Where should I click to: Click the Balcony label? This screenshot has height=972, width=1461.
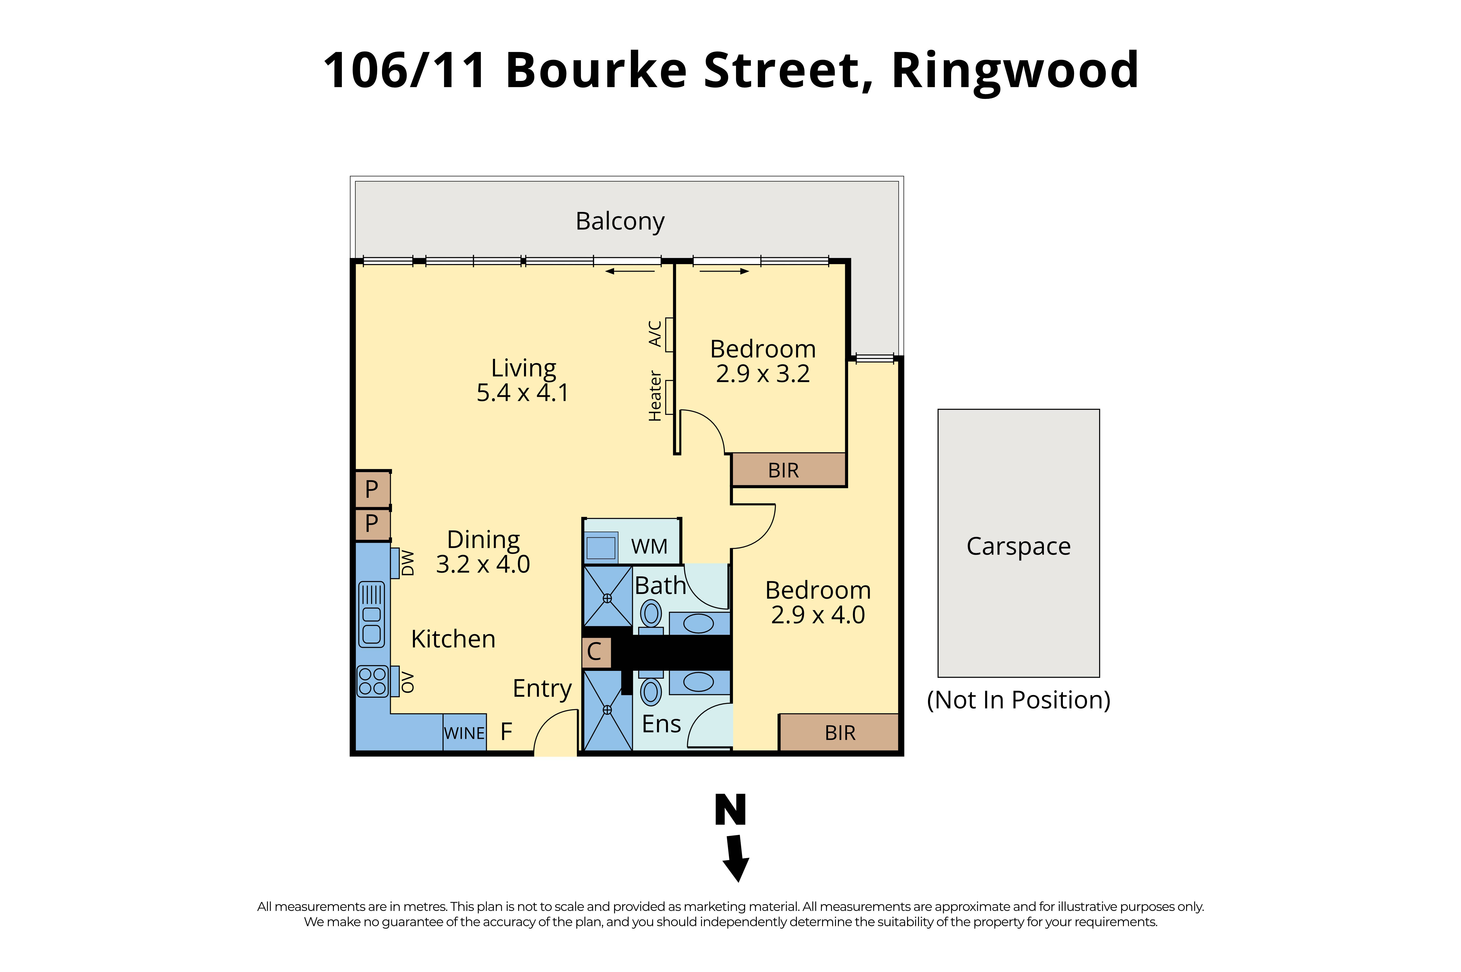(x=620, y=221)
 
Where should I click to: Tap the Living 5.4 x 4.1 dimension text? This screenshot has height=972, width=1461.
(x=522, y=392)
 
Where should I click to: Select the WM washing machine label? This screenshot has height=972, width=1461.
(x=649, y=547)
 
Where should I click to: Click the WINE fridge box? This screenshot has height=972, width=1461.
(x=464, y=733)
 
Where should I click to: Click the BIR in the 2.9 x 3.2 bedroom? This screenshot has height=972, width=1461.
(x=783, y=470)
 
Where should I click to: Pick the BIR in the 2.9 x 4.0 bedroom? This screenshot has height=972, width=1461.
(x=840, y=733)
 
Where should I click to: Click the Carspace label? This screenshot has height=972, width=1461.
(x=1018, y=546)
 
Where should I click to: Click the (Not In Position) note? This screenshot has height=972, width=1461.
(x=1018, y=700)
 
